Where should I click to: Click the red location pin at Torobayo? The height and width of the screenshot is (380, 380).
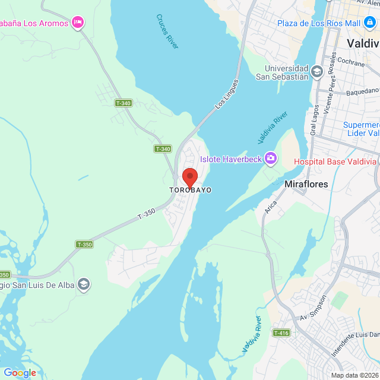pos(189,177)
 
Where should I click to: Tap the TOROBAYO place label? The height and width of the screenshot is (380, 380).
pos(190,190)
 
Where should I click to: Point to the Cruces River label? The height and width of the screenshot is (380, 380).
pos(167,31)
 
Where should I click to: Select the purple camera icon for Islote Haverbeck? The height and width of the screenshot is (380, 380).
pos(271,158)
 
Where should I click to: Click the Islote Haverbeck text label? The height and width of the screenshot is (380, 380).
pos(231,159)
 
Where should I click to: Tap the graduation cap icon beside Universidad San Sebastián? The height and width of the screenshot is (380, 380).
pos(317,72)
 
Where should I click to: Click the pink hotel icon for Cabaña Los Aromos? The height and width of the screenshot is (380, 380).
pos(77,23)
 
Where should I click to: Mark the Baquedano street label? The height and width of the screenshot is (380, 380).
pos(361,90)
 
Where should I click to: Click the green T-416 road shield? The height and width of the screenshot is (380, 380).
pos(281,333)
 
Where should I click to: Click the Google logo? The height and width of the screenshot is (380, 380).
pos(20,372)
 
